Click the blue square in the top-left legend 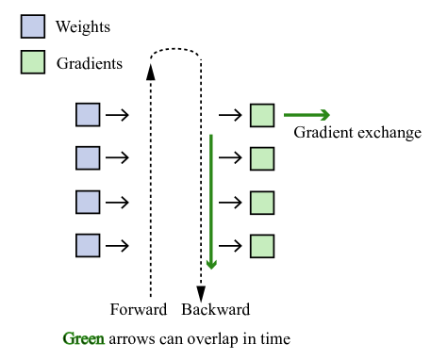[x=33, y=26]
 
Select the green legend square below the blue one [x=33, y=62]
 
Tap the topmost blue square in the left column [x=88, y=115]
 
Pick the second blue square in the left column [x=88, y=158]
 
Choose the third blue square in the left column [x=88, y=203]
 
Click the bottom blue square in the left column [x=88, y=246]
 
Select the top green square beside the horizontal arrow [x=262, y=115]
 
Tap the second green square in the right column [x=262, y=158]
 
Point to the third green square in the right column [x=262, y=203]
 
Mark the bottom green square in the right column [x=262, y=246]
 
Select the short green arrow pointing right [x=307, y=115]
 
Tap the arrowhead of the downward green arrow [x=211, y=266]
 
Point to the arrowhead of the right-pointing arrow [x=325, y=115]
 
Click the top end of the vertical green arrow [x=211, y=136]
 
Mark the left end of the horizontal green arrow [x=286, y=115]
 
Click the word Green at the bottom [x=84, y=339]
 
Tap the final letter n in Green [x=100, y=340]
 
